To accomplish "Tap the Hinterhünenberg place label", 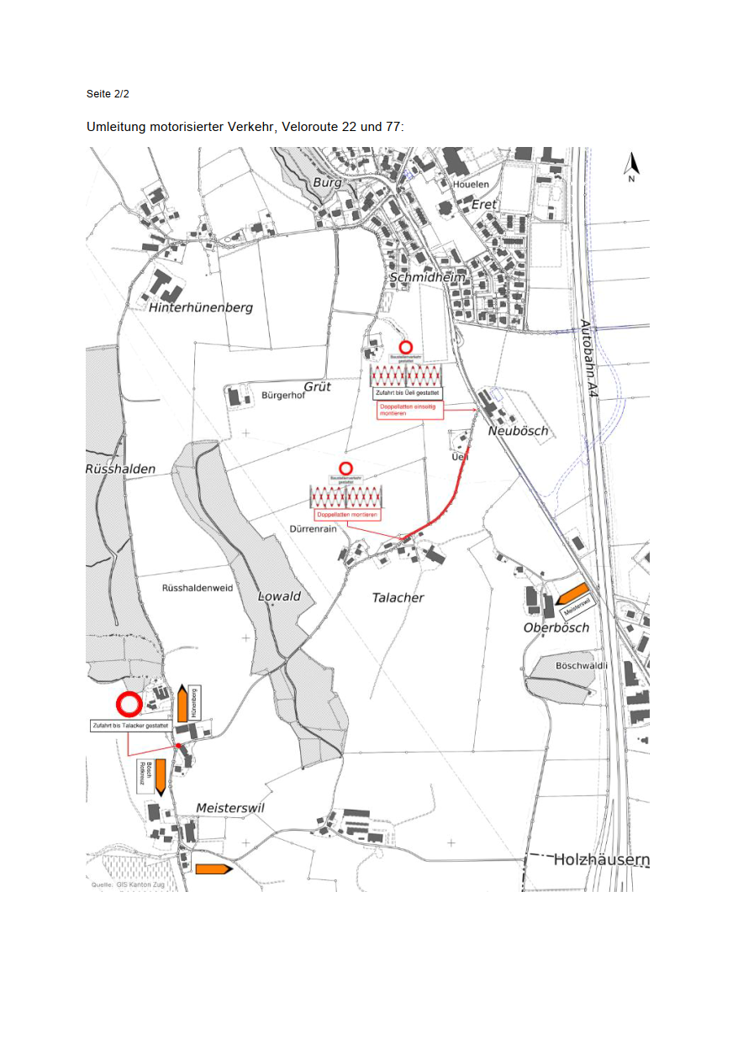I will click(x=201, y=308).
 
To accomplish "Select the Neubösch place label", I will click(x=518, y=431).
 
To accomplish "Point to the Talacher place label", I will click(x=398, y=598).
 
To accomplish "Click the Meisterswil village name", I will click(x=230, y=807).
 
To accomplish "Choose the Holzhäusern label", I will click(x=600, y=859).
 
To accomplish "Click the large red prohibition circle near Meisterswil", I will click(x=129, y=704).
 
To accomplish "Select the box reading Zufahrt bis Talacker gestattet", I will click(x=130, y=725).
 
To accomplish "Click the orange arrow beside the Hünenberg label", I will click(x=182, y=702).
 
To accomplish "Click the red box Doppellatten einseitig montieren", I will click(x=408, y=410).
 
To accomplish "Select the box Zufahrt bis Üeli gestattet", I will click(x=407, y=393).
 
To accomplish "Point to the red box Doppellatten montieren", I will click(x=345, y=514).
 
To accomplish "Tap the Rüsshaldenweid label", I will click(x=197, y=589).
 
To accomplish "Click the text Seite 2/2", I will click(x=108, y=93).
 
